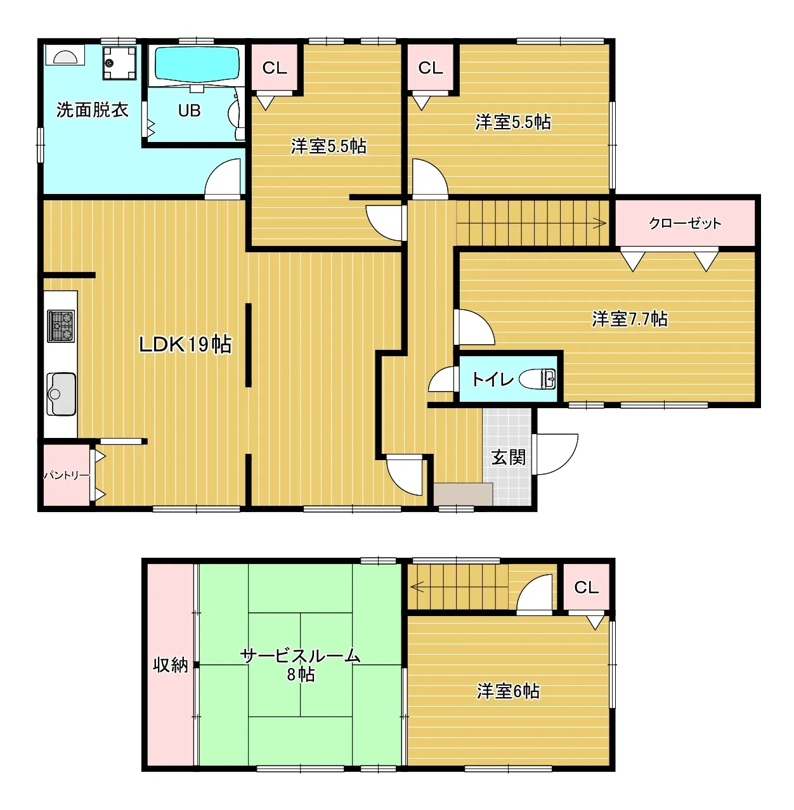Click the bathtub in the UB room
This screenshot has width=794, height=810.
(x=197, y=65)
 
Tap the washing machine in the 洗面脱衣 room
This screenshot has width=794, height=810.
(x=119, y=63)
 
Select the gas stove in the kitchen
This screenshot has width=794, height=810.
(x=61, y=326)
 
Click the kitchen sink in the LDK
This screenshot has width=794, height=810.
(x=61, y=394)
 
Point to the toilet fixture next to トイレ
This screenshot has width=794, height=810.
(x=537, y=379)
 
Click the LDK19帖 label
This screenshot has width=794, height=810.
(x=185, y=345)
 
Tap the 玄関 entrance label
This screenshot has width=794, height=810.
(x=508, y=458)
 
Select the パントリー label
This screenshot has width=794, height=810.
(x=67, y=475)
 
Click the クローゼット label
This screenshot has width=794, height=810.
(x=685, y=223)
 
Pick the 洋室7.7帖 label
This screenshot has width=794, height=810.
(x=630, y=319)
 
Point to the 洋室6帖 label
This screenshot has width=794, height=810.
(x=508, y=691)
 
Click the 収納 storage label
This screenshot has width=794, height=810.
(x=170, y=665)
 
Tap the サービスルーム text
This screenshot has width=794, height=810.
(x=301, y=656)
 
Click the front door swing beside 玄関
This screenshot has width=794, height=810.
(x=556, y=454)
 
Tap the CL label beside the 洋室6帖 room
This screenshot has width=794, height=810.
(x=586, y=588)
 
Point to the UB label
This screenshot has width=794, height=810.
(x=189, y=110)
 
